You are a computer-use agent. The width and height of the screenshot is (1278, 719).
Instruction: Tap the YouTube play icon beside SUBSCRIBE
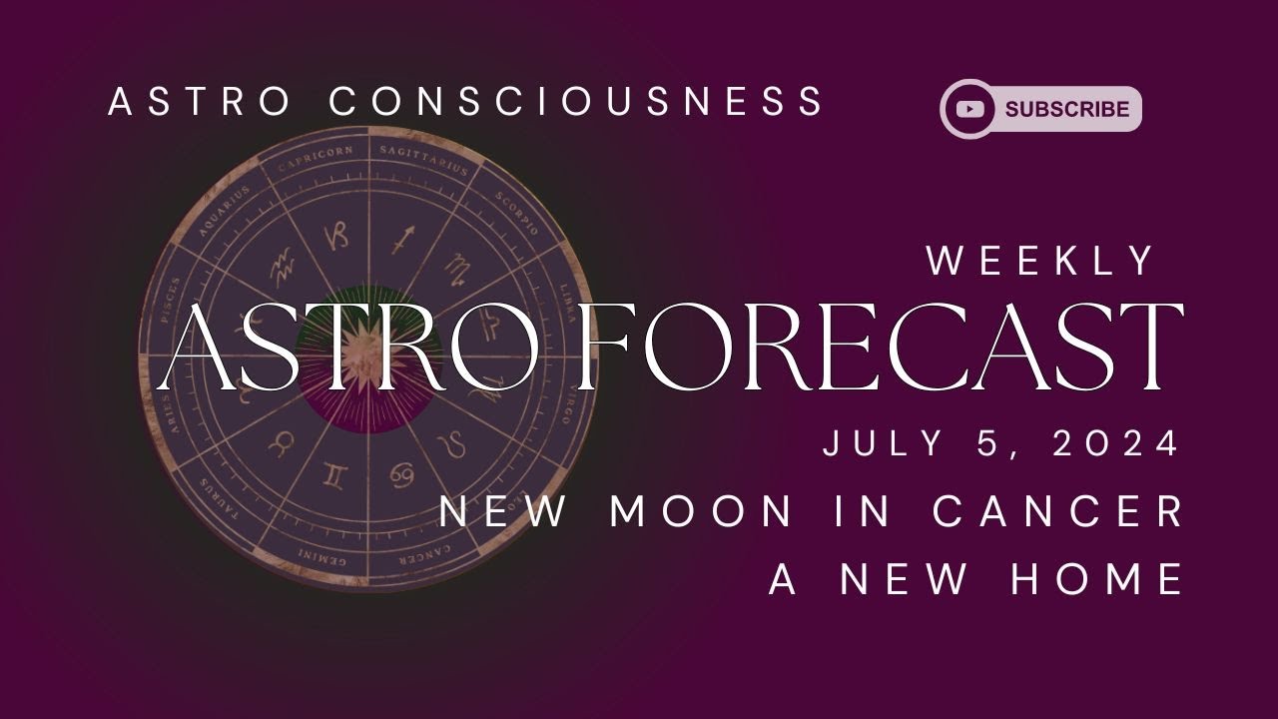(970, 110)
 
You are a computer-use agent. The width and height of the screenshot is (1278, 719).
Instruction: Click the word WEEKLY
(1040, 262)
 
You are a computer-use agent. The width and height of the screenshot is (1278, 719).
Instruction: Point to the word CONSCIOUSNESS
(577, 102)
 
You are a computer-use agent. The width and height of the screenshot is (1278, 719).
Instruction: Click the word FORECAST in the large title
(881, 347)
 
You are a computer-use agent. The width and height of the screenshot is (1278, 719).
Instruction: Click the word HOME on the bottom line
(1098, 579)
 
